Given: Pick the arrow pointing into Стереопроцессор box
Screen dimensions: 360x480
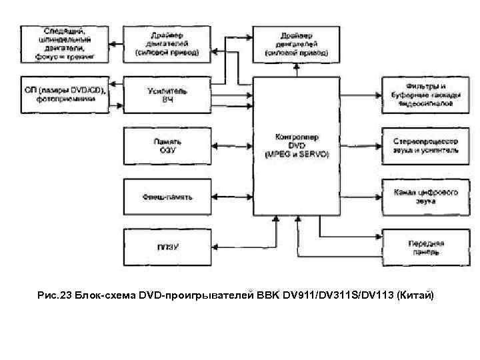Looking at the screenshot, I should point(364,146).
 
